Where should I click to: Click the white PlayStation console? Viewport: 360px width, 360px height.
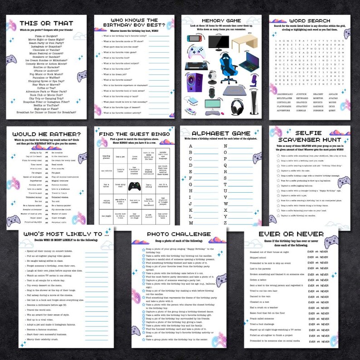[x=254, y=105]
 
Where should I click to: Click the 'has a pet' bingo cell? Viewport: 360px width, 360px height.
[x=120, y=156]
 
